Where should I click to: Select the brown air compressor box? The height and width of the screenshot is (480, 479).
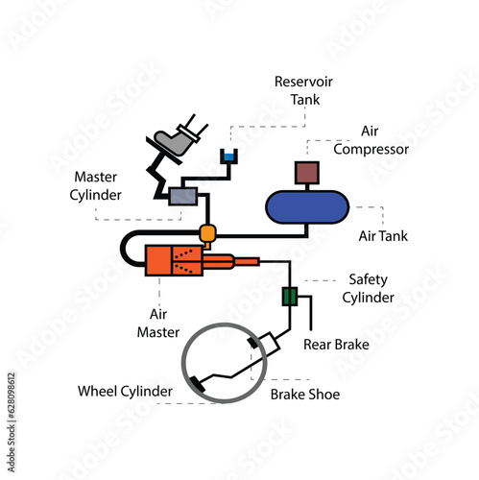click(x=306, y=173)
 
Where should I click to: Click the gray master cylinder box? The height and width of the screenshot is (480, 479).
click(x=182, y=196)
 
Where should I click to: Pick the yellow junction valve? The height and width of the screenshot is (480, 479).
click(x=207, y=233)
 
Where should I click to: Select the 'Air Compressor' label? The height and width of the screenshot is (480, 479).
click(x=371, y=139)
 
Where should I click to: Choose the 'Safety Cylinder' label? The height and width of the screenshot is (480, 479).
click(x=370, y=288)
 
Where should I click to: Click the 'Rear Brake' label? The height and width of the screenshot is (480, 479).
click(x=336, y=344)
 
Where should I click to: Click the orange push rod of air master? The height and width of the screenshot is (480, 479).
click(x=246, y=260)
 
